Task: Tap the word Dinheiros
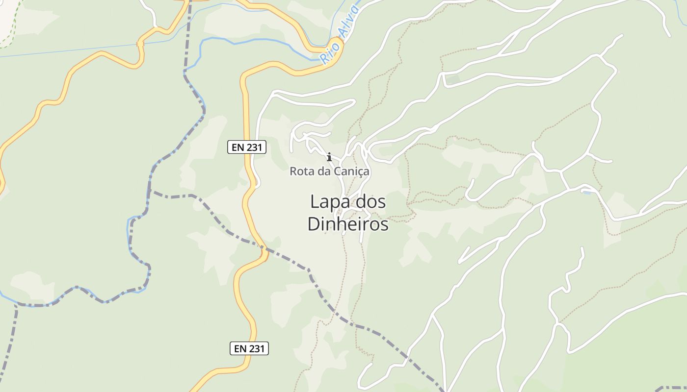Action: click(348, 224)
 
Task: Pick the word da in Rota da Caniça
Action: click(324, 171)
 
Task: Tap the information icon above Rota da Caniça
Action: click(329, 157)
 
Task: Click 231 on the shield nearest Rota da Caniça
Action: click(255, 147)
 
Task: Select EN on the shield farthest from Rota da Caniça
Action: click(240, 348)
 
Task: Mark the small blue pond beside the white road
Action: click(587, 192)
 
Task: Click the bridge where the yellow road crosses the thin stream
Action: click(140, 44)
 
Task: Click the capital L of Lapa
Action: click(314, 202)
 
